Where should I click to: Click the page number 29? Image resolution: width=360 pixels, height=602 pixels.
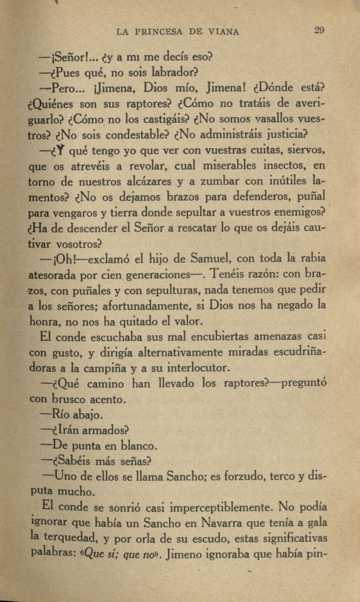click(319, 30)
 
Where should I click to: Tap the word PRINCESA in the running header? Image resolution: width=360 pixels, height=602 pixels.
click(161, 32)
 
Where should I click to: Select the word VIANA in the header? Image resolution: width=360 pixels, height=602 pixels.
click(225, 32)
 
